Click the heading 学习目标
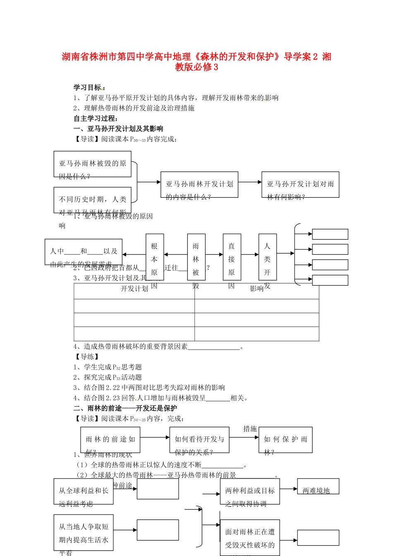click(x=88, y=87)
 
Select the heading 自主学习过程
click(x=96, y=118)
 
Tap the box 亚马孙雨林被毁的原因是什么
click(x=93, y=164)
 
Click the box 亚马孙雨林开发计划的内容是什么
click(x=199, y=185)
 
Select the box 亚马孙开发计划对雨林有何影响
click(x=300, y=185)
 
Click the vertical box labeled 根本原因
click(x=154, y=257)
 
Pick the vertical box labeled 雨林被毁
click(x=196, y=257)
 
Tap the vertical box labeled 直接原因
click(x=232, y=257)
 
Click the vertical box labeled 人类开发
click(x=267, y=257)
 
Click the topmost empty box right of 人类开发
click(x=330, y=234)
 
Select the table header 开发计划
click(x=134, y=289)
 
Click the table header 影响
click(x=256, y=289)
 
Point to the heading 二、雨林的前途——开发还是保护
click(x=125, y=408)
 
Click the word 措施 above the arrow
click(x=250, y=429)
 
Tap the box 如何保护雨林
click(x=285, y=440)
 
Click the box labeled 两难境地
click(x=318, y=486)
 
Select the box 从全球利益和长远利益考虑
click(x=84, y=491)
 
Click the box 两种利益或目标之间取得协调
click(x=250, y=491)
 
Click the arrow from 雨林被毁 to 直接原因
click(x=214, y=254)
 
